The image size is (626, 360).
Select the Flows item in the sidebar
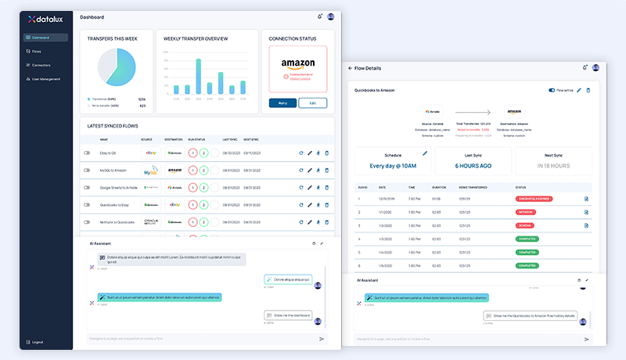(37, 51)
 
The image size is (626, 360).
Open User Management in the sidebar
(45, 79)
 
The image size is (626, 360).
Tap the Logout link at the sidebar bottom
(37, 342)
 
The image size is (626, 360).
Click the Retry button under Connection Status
(282, 103)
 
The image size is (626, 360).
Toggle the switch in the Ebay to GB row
(87, 153)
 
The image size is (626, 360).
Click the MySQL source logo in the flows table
(152, 171)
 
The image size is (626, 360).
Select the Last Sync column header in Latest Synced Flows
(229, 139)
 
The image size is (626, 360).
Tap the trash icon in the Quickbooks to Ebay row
(327, 205)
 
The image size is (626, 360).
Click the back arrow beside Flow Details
(350, 69)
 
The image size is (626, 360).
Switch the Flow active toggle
(552, 91)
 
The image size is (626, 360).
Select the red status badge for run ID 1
(533, 199)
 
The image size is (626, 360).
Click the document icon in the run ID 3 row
(586, 225)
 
